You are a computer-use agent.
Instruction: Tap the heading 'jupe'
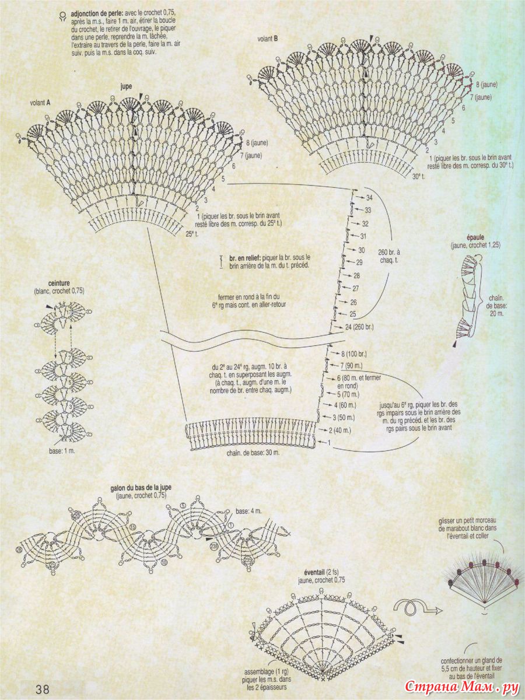(126, 86)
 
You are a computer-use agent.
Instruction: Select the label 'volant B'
(267, 39)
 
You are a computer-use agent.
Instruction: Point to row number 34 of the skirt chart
(368, 198)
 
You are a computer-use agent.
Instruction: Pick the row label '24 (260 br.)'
(359, 327)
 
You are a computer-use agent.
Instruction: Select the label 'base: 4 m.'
(249, 511)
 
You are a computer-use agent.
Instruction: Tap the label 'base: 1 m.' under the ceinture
(64, 451)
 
